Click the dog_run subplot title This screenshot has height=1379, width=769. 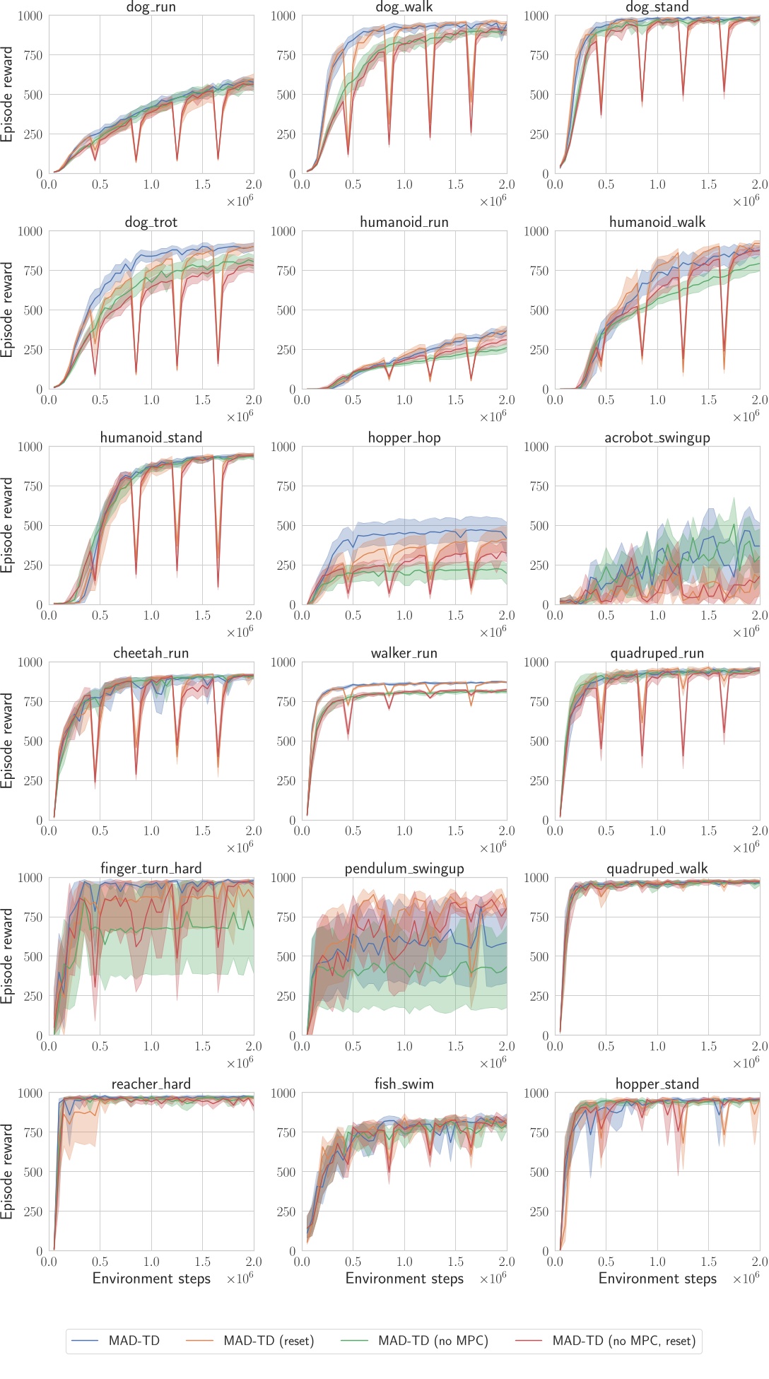[151, 8]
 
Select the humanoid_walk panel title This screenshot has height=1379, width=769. [657, 222]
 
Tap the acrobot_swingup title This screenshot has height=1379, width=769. [657, 438]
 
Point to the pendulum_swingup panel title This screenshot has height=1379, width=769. [404, 869]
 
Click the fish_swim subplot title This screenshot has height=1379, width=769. [404, 1084]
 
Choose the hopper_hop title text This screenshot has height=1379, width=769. [404, 438]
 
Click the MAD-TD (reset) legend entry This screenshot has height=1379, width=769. [268, 1341]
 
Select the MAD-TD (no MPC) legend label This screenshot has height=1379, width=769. [433, 1341]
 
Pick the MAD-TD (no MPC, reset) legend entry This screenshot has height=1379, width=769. [623, 1341]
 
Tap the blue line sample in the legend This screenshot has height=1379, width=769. [85, 1341]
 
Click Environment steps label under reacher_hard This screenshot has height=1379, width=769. [151, 1278]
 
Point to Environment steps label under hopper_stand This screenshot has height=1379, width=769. [657, 1278]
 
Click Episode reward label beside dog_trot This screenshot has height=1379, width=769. [7, 310]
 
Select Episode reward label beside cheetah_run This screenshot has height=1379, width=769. [7, 741]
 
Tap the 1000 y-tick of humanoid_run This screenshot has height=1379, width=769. [283, 231]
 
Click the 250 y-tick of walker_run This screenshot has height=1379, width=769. [286, 780]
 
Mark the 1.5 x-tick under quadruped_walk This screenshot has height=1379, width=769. [708, 1046]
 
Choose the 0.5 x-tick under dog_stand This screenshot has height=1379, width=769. [606, 184]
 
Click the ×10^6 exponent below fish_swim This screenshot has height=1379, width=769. [493, 1279]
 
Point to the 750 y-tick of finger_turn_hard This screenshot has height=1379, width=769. [33, 917]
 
